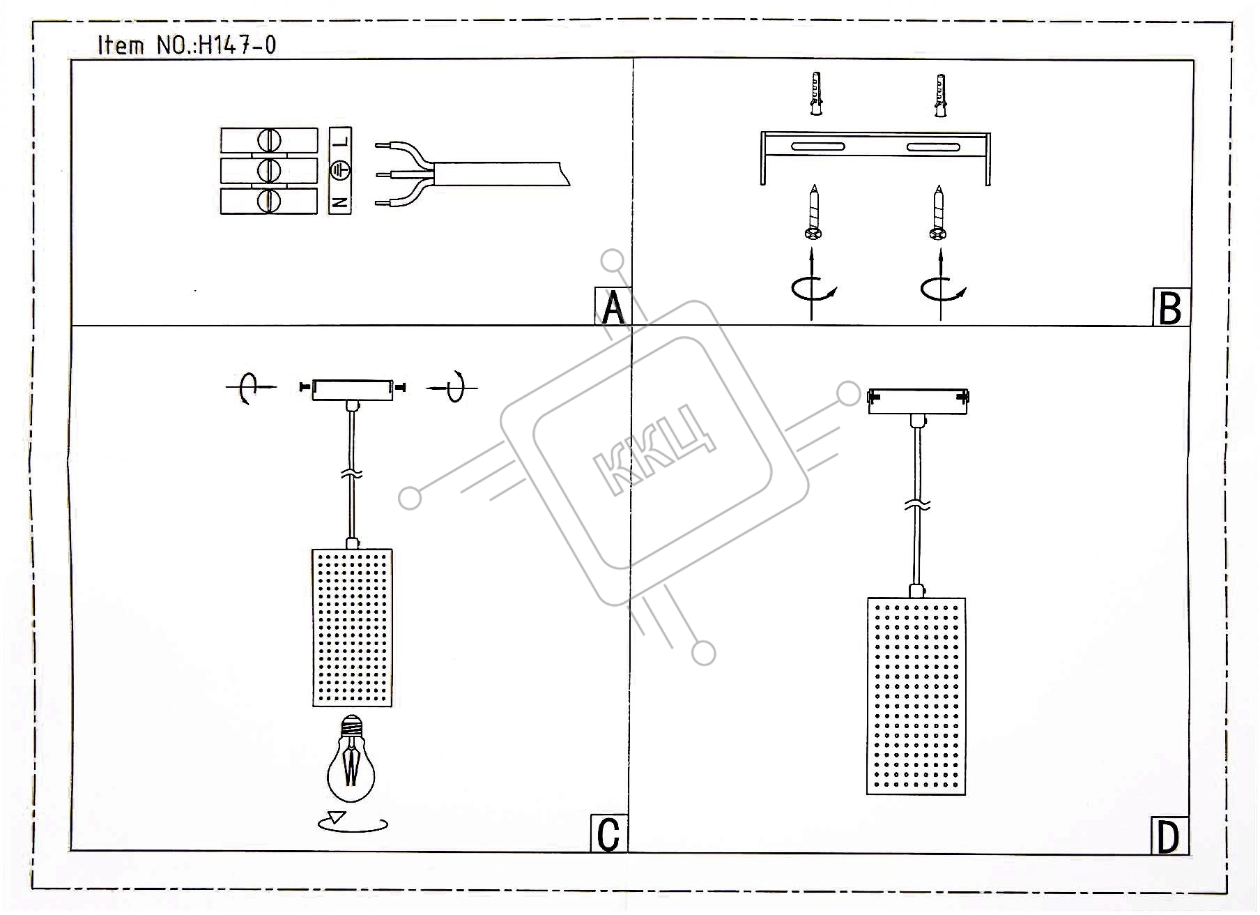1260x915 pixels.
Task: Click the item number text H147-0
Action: pyautogui.click(x=238, y=45)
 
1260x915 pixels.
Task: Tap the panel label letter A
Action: pyautogui.click(x=613, y=308)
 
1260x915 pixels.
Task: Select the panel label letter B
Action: pyautogui.click(x=1170, y=308)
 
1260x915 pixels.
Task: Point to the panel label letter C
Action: pyautogui.click(x=608, y=834)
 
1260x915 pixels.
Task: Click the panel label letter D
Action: pyautogui.click(x=1168, y=838)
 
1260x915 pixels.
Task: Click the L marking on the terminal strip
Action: pyautogui.click(x=340, y=142)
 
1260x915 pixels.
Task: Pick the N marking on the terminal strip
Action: pyautogui.click(x=340, y=203)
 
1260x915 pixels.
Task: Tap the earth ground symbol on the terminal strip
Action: pyautogui.click(x=340, y=170)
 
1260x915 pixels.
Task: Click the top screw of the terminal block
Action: pyautogui.click(x=269, y=141)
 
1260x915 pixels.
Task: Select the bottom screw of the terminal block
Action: pyautogui.click(x=269, y=201)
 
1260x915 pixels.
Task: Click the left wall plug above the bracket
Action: pyautogui.click(x=815, y=94)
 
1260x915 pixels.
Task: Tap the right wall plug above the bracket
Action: pyautogui.click(x=940, y=94)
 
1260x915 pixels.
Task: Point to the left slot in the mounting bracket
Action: pyautogui.click(x=817, y=146)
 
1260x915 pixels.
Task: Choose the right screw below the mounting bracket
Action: pyautogui.click(x=938, y=213)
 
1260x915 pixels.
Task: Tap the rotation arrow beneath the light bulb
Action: pyautogui.click(x=353, y=823)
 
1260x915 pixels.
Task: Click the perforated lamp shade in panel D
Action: pyautogui.click(x=916, y=695)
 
